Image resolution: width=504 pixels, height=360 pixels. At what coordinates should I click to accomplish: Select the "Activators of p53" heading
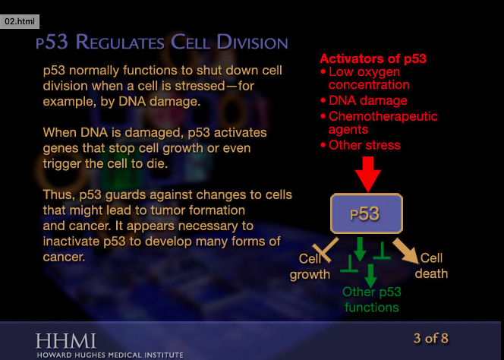(373, 58)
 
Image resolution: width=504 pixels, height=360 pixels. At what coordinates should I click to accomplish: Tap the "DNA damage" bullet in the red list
(367, 100)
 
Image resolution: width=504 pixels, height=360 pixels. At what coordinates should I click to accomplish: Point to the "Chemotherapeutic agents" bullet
(383, 123)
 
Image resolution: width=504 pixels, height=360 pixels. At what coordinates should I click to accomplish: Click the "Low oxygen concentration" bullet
(369, 78)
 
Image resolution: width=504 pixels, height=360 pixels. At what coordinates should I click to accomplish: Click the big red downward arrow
(368, 173)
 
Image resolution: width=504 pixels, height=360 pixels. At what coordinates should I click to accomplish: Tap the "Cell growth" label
(310, 267)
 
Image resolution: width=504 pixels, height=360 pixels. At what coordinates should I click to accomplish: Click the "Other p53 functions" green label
(371, 299)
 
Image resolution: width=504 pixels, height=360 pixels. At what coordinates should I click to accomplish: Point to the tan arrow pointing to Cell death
(405, 250)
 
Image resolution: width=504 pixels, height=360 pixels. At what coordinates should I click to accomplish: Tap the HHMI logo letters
(66, 339)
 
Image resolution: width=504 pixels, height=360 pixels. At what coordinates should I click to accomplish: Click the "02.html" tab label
(20, 22)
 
